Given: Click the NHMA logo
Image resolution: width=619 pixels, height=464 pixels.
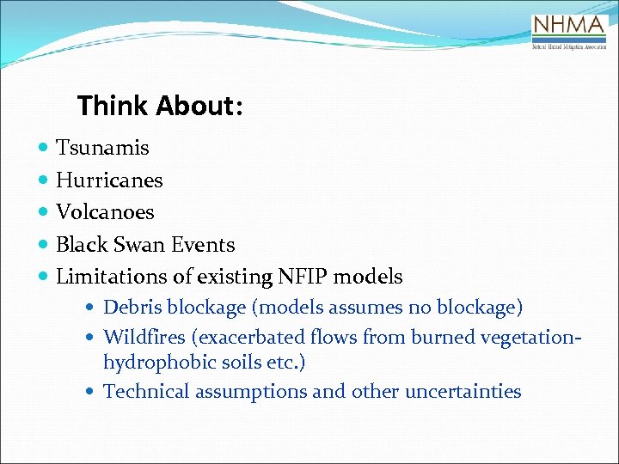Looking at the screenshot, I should click(569, 32).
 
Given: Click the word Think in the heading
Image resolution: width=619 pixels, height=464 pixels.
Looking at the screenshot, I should click(113, 106).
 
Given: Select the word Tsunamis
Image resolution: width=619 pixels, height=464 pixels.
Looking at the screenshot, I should click(102, 148).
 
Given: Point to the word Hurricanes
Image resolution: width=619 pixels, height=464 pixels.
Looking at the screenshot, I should click(109, 180).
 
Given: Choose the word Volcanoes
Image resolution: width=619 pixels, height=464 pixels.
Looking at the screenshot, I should click(105, 212).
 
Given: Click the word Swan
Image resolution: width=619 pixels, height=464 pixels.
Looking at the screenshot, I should click(139, 245).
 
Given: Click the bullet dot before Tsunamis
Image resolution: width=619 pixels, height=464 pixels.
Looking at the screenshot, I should click(44, 148).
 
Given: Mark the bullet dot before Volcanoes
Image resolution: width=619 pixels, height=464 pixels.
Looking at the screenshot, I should click(44, 212).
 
